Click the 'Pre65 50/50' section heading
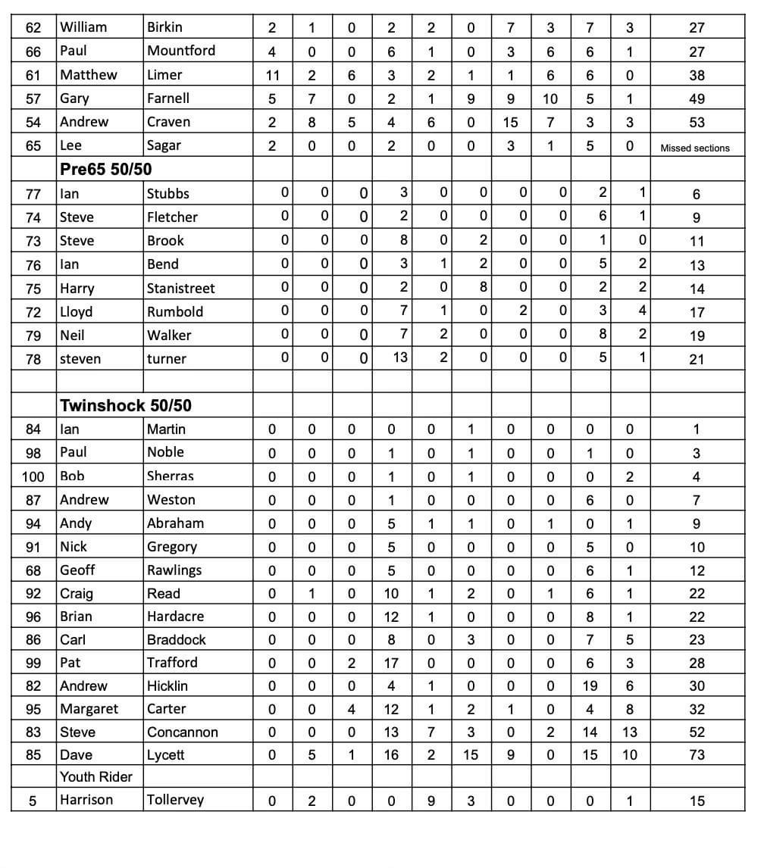tap(105, 170)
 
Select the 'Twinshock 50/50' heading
tap(125, 405)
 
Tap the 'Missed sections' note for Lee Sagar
tap(694, 148)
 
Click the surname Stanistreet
tap(180, 289)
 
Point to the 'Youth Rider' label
tap(96, 776)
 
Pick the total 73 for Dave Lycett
tap(697, 754)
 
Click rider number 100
tap(33, 476)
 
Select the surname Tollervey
tap(175, 800)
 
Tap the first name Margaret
tap(89, 709)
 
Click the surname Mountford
tap(181, 51)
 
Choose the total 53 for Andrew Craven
tap(697, 122)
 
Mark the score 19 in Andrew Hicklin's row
tap(590, 685)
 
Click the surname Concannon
tap(182, 732)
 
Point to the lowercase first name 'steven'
tap(80, 359)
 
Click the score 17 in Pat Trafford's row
tap(391, 663)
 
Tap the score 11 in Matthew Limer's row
tap(272, 75)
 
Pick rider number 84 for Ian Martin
tap(33, 429)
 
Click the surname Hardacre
tap(175, 617)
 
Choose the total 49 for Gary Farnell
tap(697, 98)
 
